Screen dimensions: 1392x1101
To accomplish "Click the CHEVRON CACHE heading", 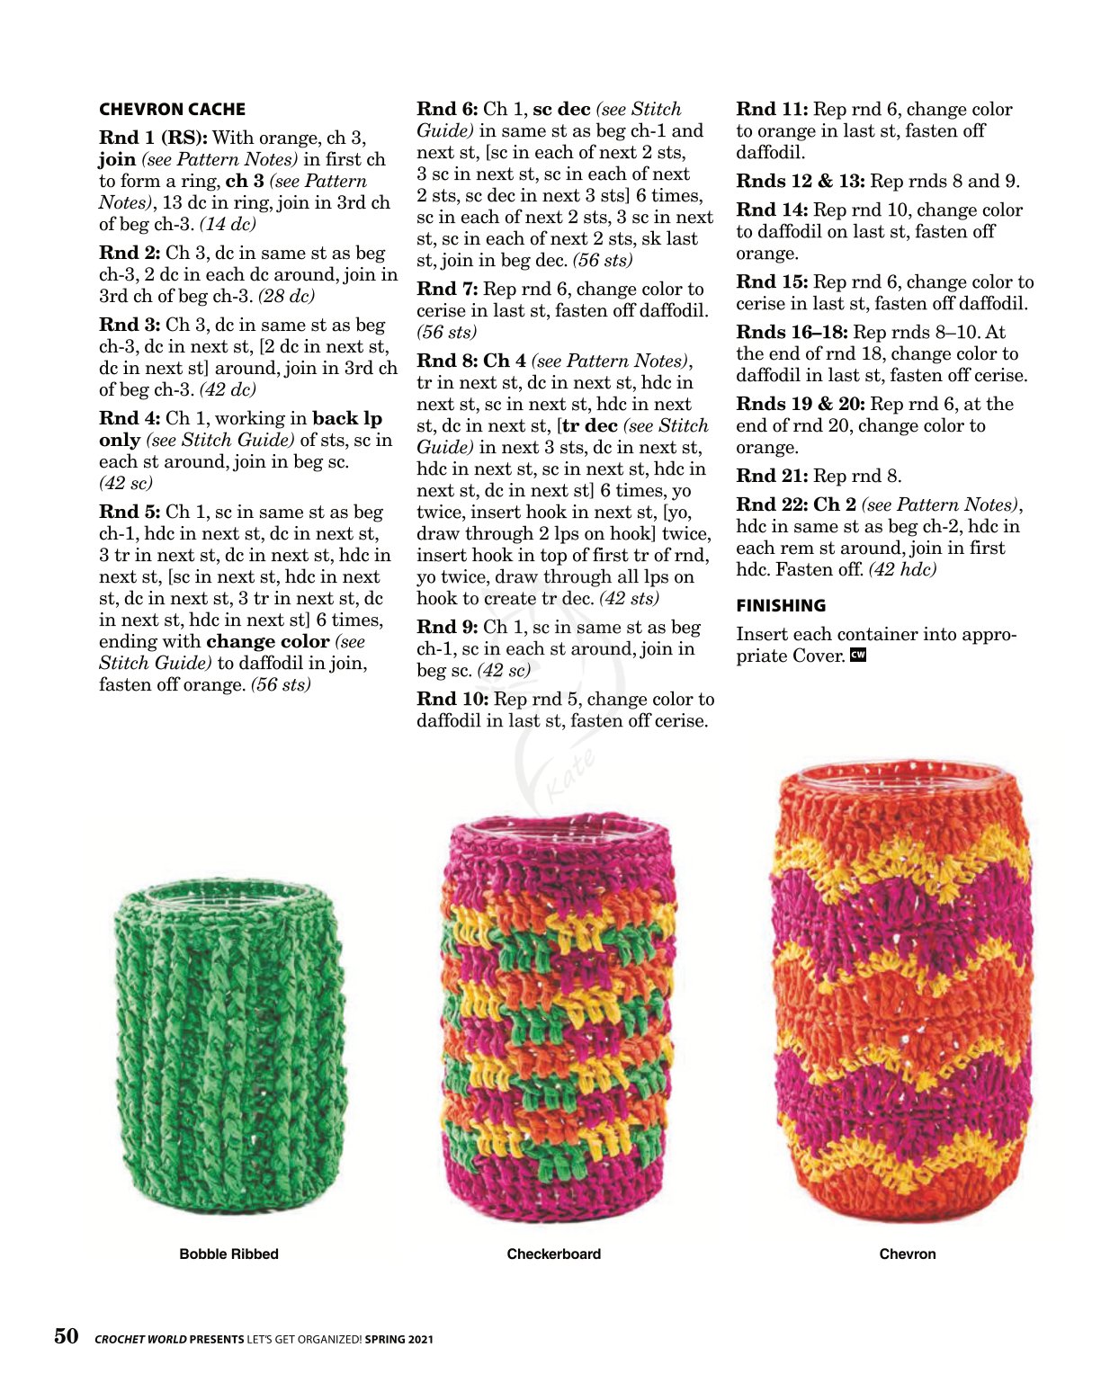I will click(172, 110).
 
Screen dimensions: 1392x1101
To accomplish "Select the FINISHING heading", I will click(781, 606).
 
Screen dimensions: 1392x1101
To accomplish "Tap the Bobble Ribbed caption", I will click(228, 1254).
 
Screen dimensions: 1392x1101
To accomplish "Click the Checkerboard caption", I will click(553, 1254).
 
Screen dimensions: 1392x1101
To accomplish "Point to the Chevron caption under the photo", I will click(907, 1254).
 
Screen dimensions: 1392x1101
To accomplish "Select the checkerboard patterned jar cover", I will click(558, 1021).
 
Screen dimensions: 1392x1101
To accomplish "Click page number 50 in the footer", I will click(67, 1336).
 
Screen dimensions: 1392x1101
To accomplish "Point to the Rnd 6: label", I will click(447, 110).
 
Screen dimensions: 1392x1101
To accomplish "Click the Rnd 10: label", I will click(452, 700).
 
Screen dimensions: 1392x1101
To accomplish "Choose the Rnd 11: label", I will click(772, 110).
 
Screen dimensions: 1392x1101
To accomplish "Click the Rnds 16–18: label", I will click(792, 333).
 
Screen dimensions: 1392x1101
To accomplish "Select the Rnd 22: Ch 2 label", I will click(795, 505).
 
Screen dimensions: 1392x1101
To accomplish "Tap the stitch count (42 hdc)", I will click(902, 570).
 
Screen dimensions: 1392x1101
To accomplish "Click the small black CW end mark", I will click(858, 656).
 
